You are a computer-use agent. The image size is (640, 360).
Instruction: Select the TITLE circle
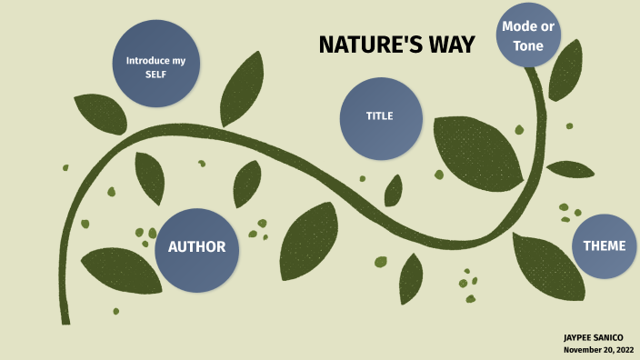[381, 117]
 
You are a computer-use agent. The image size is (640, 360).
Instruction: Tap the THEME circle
[605, 246]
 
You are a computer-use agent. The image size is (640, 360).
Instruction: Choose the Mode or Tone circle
[528, 35]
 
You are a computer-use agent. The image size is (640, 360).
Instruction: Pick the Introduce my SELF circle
[155, 65]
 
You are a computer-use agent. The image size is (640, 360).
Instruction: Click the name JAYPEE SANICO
[594, 337]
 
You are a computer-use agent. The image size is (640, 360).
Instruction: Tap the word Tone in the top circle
[528, 45]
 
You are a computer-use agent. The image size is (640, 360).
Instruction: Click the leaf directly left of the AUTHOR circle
[115, 268]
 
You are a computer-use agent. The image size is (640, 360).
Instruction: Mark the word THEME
[605, 246]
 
